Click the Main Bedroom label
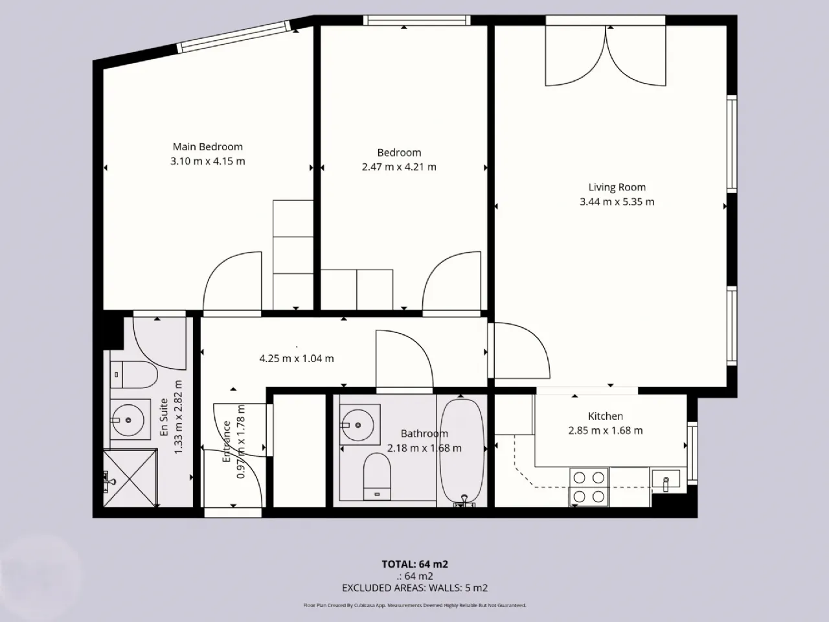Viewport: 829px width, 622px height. point(207,146)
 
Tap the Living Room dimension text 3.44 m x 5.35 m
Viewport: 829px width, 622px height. point(617,202)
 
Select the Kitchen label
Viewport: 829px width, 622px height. point(605,416)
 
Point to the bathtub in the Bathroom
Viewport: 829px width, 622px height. point(462,452)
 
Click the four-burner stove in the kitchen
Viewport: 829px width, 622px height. point(589,487)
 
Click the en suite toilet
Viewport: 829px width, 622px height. point(133,374)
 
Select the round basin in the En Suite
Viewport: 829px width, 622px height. point(128,420)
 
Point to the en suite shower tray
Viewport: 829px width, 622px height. point(130,478)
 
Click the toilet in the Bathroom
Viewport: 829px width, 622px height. point(376,477)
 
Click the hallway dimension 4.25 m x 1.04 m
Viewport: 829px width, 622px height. point(297,358)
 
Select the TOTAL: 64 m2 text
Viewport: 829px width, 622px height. point(414,564)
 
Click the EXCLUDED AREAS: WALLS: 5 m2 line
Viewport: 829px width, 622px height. point(414,588)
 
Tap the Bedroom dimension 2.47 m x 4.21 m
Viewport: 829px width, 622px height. point(399,167)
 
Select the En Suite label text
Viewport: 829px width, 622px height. point(164,417)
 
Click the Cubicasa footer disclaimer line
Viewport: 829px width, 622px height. point(414,605)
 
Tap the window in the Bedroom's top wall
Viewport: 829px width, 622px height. point(417,20)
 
